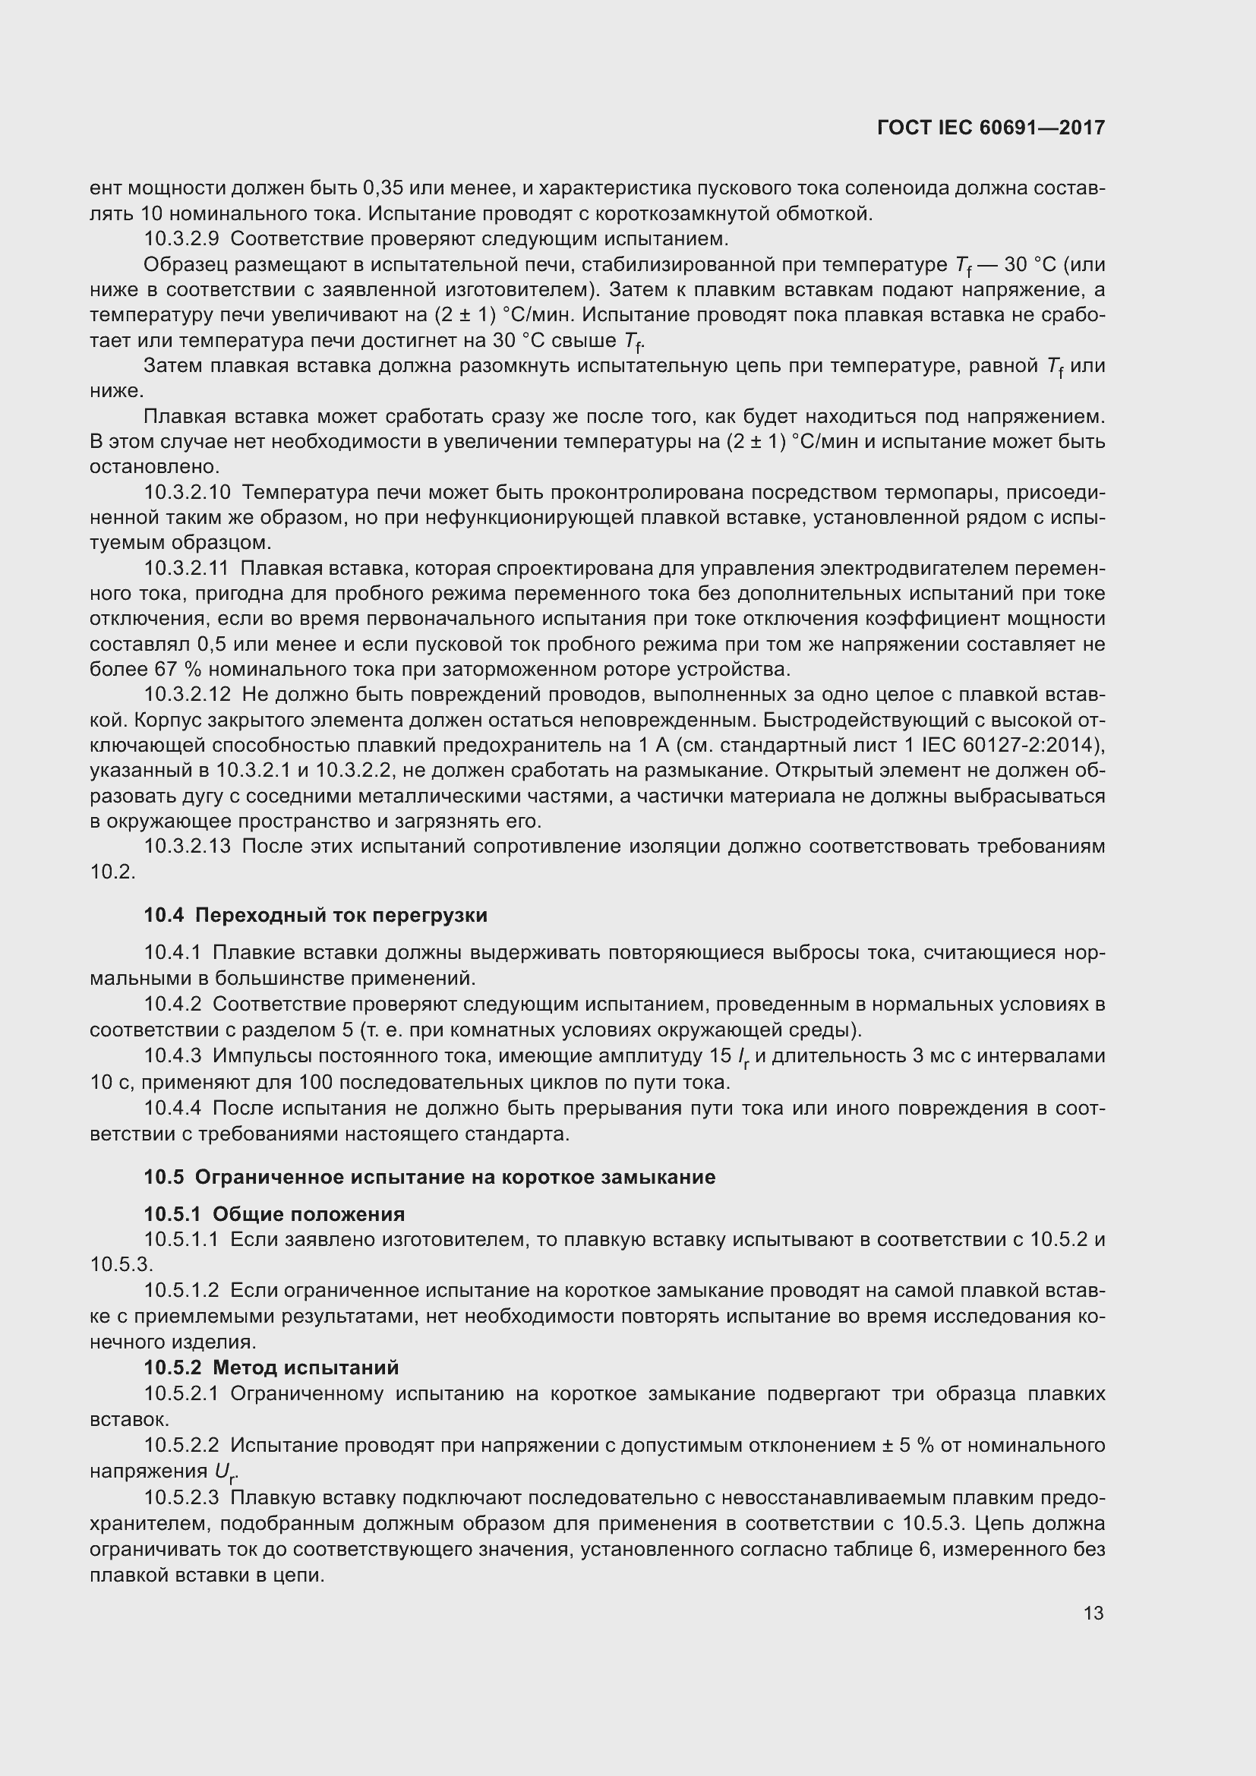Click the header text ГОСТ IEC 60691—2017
[991, 128]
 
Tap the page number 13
[1093, 1613]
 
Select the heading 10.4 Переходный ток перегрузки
[316, 915]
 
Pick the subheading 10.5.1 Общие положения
[274, 1213]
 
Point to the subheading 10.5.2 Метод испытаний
[270, 1367]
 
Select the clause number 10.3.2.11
[185, 569]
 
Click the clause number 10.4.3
[172, 1056]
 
